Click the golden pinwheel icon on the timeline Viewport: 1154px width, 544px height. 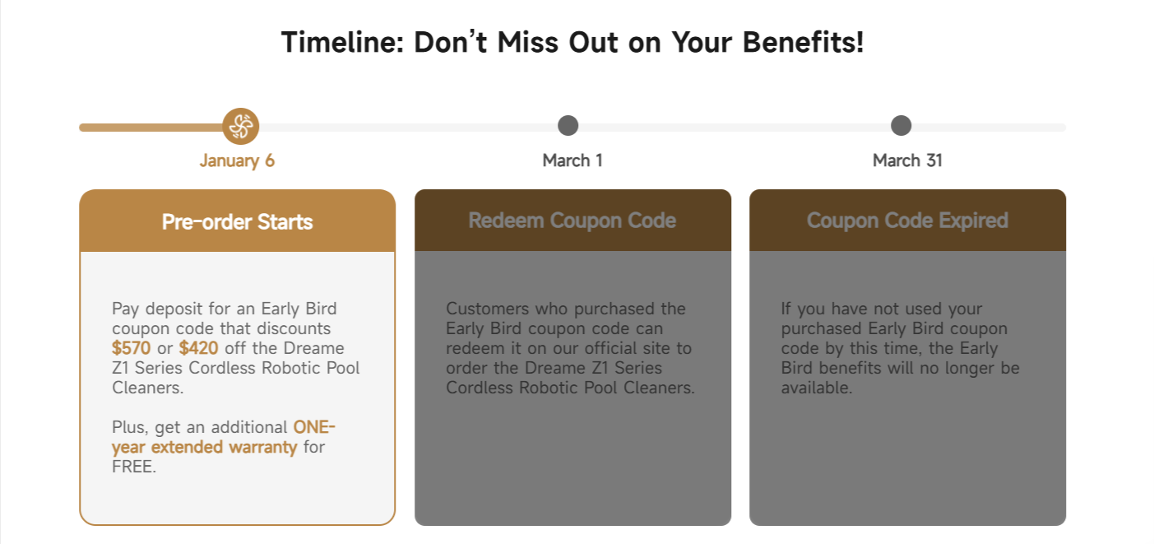pyautogui.click(x=241, y=126)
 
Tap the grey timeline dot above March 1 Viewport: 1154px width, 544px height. pyautogui.click(x=568, y=125)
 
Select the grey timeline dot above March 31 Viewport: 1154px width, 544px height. pyautogui.click(x=901, y=125)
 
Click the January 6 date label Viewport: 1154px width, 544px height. pyautogui.click(x=237, y=160)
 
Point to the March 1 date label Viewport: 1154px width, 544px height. pyautogui.click(x=572, y=160)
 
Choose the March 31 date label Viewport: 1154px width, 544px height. pyautogui.click(x=907, y=160)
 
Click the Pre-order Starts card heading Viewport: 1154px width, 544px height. pyautogui.click(x=237, y=221)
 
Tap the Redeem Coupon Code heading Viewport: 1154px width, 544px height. pyautogui.click(x=572, y=221)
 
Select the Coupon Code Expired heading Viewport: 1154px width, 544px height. pyautogui.click(x=907, y=221)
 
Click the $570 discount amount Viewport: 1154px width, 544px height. pyautogui.click(x=132, y=348)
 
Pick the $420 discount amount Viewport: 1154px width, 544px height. pyautogui.click(x=198, y=348)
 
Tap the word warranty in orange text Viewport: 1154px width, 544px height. pyautogui.click(x=262, y=447)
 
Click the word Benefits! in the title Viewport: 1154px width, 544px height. pyautogui.click(x=803, y=42)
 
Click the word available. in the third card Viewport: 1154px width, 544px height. pyautogui.click(x=817, y=388)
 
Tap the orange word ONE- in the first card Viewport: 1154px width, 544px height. pyautogui.click(x=314, y=427)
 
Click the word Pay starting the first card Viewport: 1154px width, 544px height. pyautogui.click(x=125, y=309)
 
